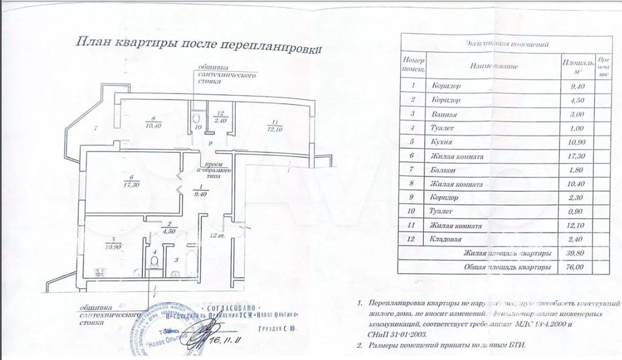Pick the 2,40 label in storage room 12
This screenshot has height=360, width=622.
[x=220, y=120]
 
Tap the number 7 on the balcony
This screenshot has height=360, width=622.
[x=95, y=128]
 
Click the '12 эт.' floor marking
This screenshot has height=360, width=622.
[x=218, y=235]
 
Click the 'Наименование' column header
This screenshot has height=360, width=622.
[x=494, y=66]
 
